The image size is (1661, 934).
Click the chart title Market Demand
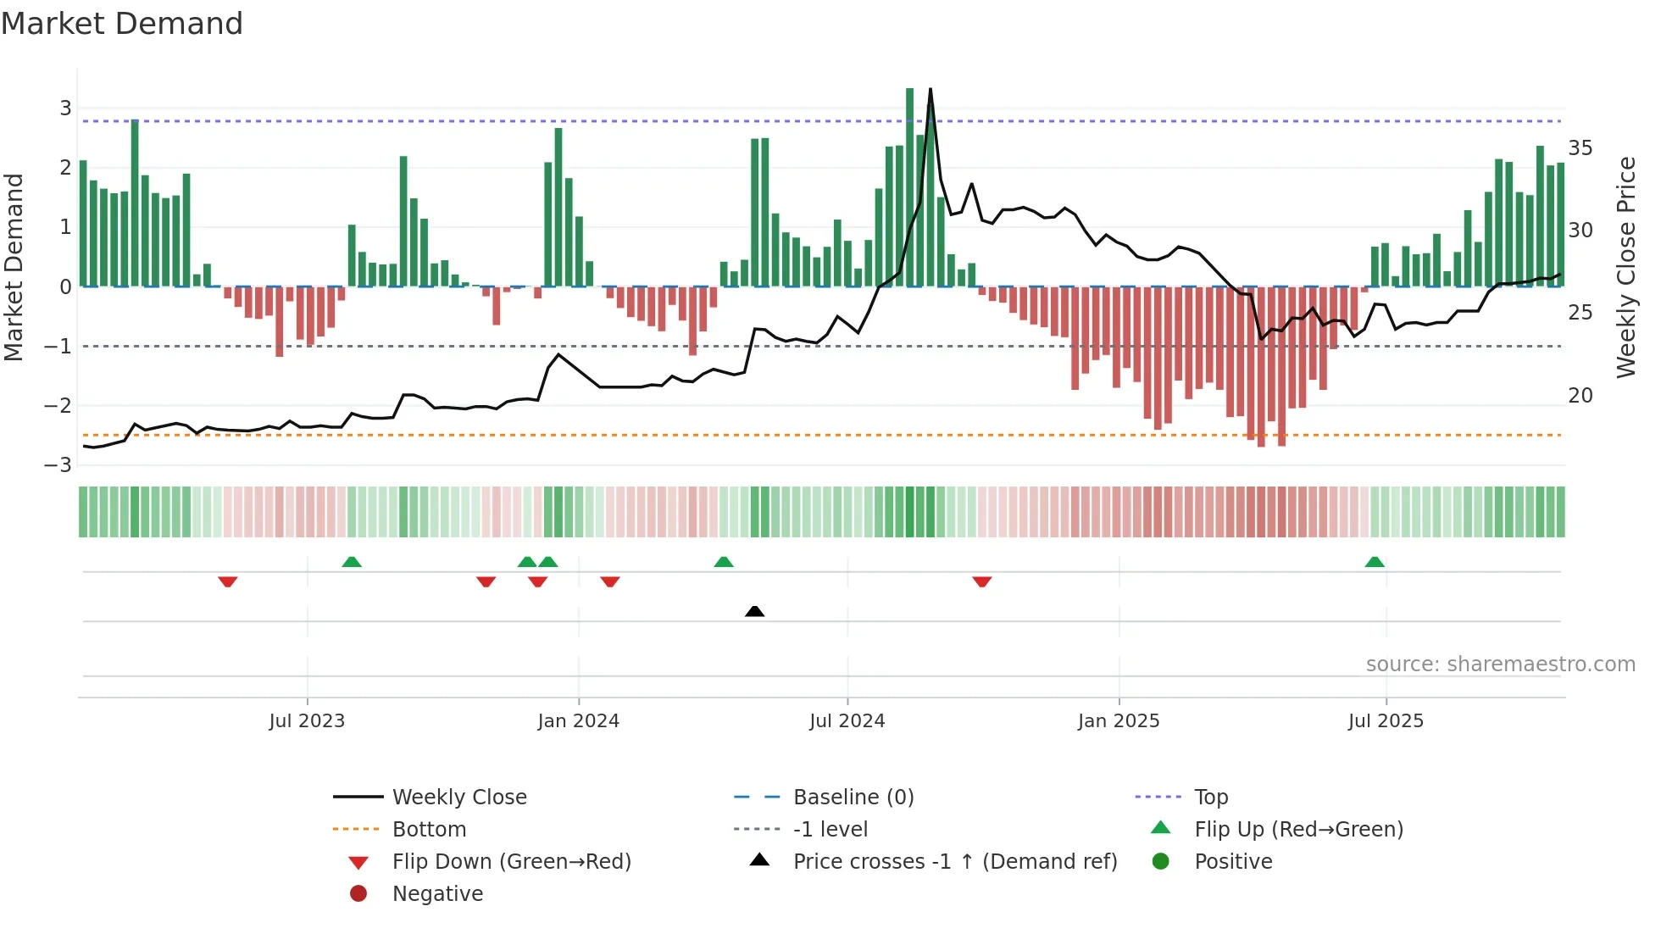[x=122, y=24]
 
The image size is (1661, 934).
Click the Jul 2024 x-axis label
[x=847, y=721]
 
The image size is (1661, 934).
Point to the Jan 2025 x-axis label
[x=1118, y=721]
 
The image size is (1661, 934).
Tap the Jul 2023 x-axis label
[x=307, y=721]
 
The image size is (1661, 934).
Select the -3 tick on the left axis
[x=58, y=465]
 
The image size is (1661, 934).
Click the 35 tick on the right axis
[x=1580, y=148]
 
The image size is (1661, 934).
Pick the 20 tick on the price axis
[x=1580, y=396]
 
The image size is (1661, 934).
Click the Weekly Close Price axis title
[x=1625, y=267]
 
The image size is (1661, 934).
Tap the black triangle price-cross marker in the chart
[x=754, y=611]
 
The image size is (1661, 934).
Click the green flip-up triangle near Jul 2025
[x=1375, y=562]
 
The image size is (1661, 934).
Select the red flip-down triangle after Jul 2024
[x=982, y=581]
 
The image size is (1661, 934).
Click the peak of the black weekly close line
[x=930, y=90]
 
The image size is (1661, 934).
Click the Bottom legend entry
[x=429, y=830]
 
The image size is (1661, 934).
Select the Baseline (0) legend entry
[x=853, y=798]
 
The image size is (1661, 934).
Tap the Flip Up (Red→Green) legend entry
[x=1298, y=830]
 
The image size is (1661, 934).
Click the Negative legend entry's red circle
[x=358, y=894]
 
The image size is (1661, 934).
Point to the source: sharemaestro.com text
[x=1500, y=664]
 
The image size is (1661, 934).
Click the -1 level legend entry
[x=830, y=830]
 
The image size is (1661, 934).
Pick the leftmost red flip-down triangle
[x=227, y=581]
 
